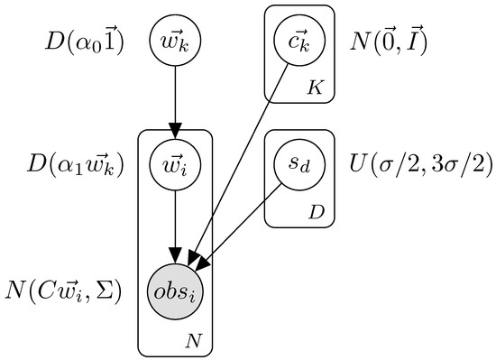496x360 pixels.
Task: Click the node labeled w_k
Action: coord(176,42)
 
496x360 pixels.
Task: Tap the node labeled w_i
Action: coord(176,166)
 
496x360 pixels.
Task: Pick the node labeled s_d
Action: coord(299,166)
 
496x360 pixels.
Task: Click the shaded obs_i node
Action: coord(176,291)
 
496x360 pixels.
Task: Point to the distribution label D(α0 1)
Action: coord(86,42)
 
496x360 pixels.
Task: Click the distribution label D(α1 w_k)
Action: coord(76,166)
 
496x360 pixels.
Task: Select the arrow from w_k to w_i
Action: coord(176,99)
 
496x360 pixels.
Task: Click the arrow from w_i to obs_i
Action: coord(176,226)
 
